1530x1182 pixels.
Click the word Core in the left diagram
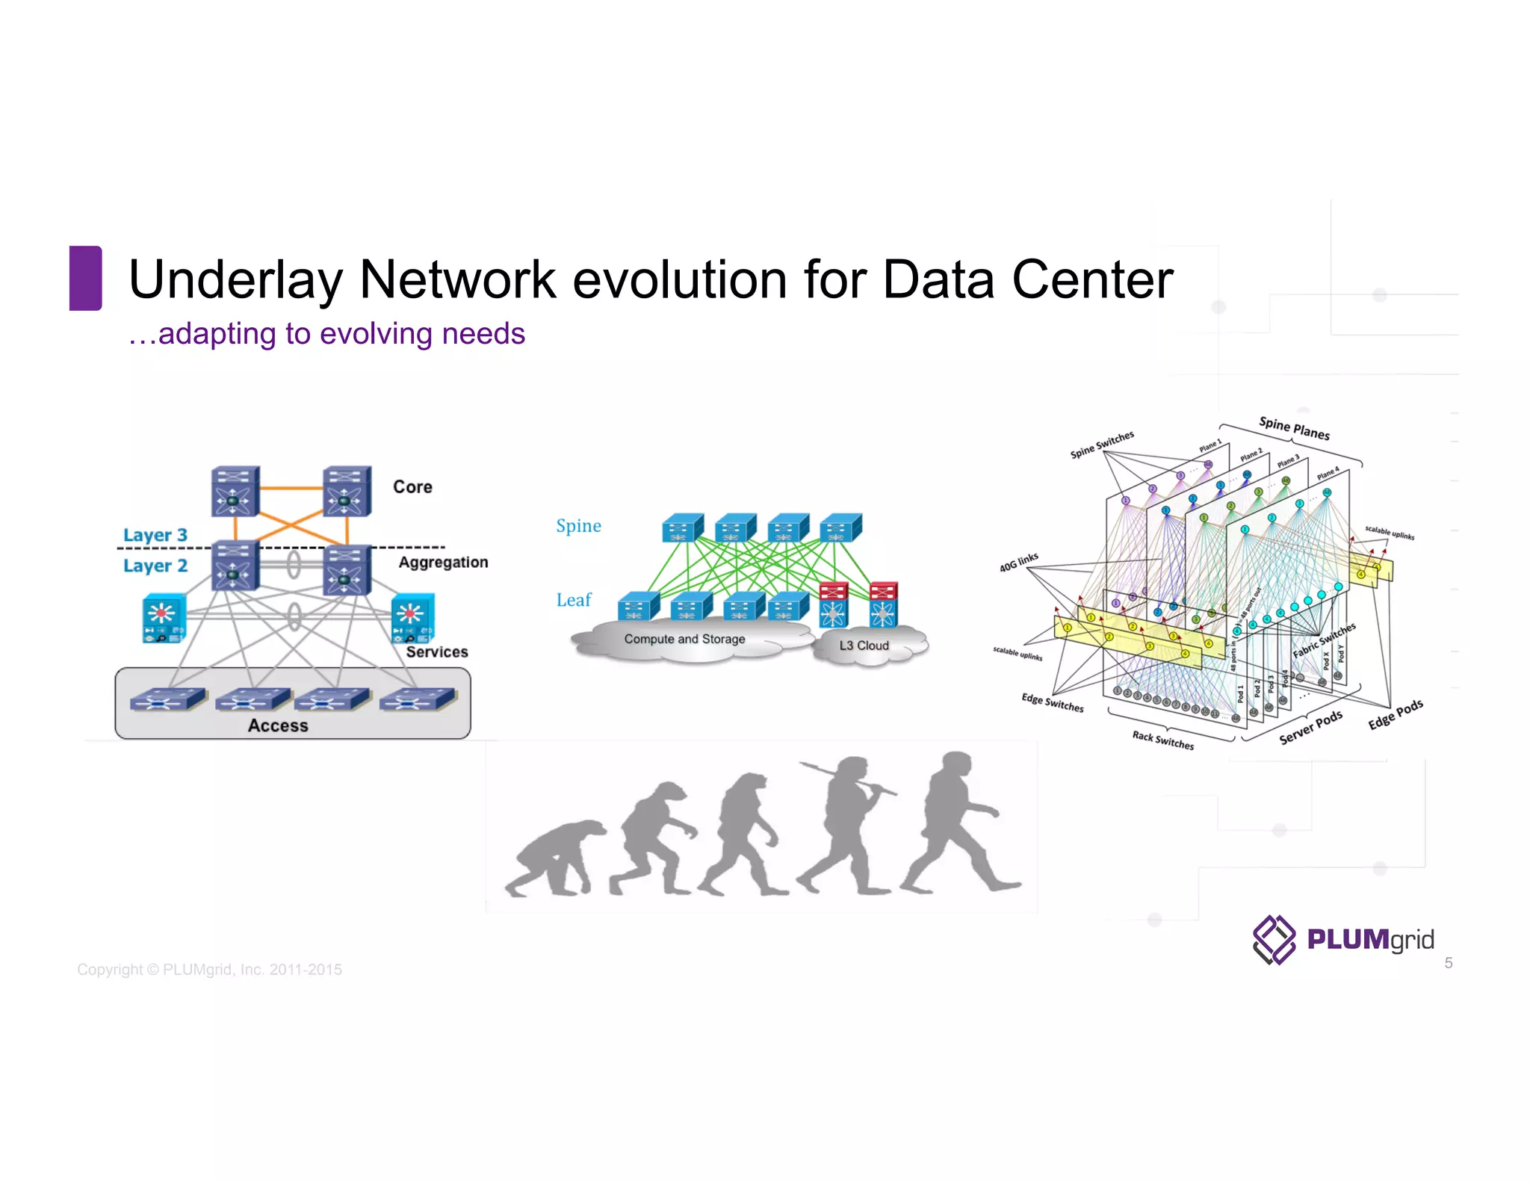pos(412,487)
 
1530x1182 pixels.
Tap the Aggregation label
pos(443,562)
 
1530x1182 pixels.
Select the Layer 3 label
pos(155,535)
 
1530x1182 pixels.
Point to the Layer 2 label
pos(155,566)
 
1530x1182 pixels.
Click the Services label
pos(437,652)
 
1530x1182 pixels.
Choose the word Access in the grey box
pos(278,725)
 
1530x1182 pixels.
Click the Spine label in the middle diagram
pos(578,526)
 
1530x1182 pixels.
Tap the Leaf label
pos(574,600)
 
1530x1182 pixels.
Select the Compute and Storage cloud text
pos(684,640)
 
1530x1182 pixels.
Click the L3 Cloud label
pos(864,646)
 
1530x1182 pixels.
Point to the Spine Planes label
pos(1294,428)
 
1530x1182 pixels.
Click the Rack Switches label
pos(1162,740)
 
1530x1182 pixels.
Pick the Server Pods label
pos(1310,728)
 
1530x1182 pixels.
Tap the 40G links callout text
pos(1019,563)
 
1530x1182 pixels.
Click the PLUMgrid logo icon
pos(1274,939)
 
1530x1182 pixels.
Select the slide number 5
pos(1448,963)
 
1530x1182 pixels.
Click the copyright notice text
pos(209,970)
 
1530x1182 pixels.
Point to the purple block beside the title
pos(86,278)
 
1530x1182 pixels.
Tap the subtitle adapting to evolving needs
pos(327,334)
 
